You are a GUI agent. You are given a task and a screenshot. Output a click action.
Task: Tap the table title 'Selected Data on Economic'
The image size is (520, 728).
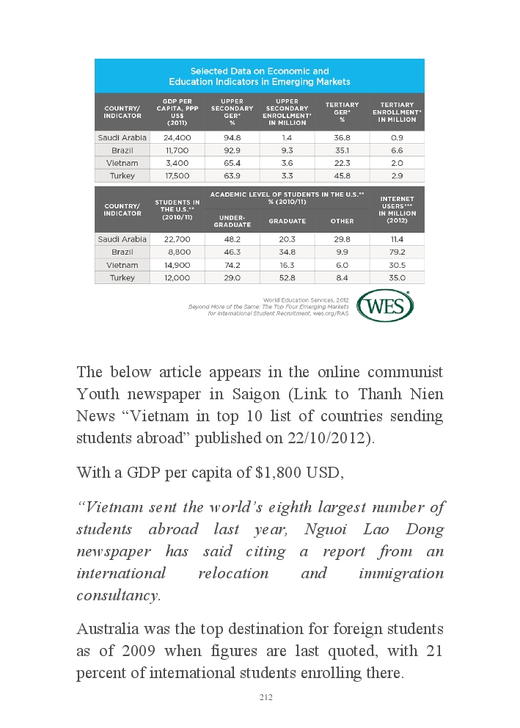point(260,71)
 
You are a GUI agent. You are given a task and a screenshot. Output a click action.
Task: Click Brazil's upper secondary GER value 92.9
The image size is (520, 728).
point(232,150)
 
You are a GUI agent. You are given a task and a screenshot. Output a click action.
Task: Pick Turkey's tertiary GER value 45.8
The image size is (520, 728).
point(342,176)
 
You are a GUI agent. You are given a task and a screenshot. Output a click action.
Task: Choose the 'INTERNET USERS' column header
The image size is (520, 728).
point(397,209)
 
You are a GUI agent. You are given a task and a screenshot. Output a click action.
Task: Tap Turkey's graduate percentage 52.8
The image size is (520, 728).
point(288,278)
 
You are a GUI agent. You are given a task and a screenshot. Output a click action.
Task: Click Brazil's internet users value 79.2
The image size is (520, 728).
point(397,252)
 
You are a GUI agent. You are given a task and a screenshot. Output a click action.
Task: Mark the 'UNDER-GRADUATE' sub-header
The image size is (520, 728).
point(232,221)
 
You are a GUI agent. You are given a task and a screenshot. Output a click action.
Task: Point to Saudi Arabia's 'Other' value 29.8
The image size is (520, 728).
point(342,239)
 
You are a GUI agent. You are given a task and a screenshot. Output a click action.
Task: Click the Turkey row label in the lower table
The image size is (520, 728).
point(122,278)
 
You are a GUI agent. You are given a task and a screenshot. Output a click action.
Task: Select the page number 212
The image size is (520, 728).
point(266,697)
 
